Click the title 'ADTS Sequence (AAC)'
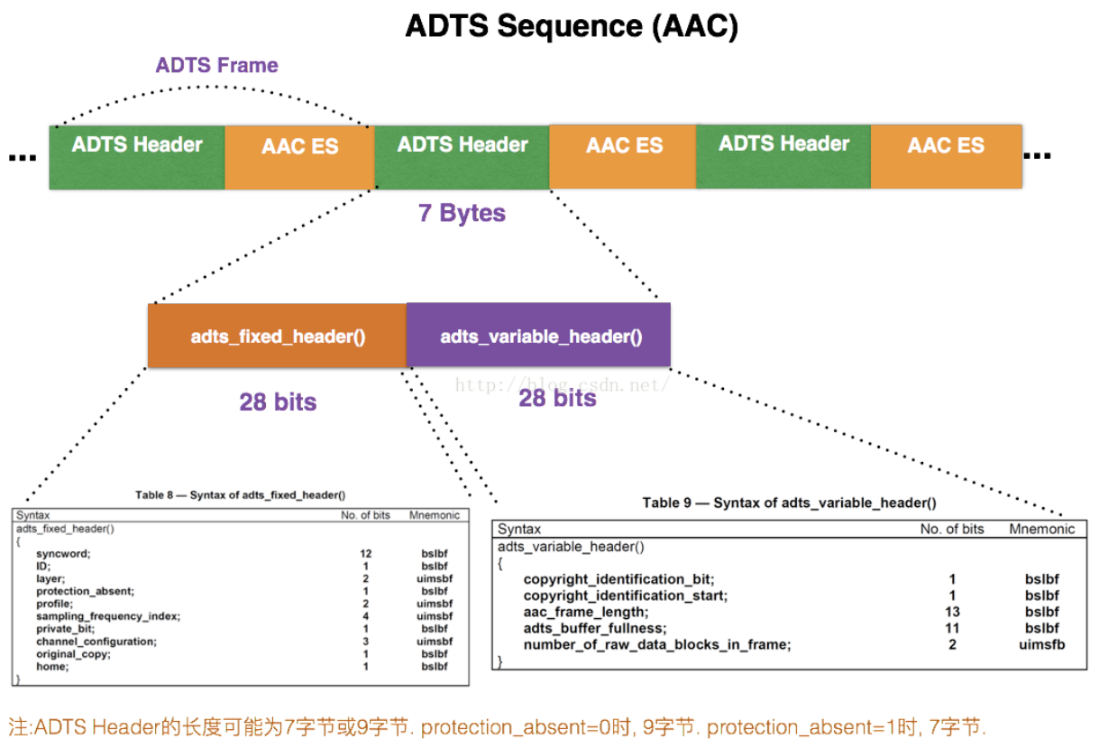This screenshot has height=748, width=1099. (x=572, y=25)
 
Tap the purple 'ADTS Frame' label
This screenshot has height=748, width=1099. (x=216, y=65)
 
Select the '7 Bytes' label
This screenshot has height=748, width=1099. (x=462, y=213)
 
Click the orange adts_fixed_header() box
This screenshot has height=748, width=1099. (x=278, y=337)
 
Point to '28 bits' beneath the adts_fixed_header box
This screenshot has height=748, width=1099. (x=278, y=402)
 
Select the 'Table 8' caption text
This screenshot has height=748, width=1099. (x=241, y=495)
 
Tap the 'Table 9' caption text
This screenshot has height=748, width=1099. (x=789, y=503)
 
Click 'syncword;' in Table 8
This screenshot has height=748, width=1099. (x=64, y=553)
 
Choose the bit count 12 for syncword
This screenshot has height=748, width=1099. (x=365, y=553)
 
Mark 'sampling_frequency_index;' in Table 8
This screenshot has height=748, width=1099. (x=108, y=615)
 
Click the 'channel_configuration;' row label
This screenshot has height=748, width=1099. (x=96, y=641)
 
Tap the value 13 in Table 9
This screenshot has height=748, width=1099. (x=952, y=612)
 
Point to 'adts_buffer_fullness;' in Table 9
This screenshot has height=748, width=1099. (x=594, y=628)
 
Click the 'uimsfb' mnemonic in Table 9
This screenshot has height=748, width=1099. (x=1042, y=644)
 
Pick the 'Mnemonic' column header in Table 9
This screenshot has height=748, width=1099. (x=1041, y=529)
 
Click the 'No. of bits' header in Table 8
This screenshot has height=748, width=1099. (x=365, y=515)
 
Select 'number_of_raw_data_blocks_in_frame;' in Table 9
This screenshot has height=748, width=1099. (x=657, y=644)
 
